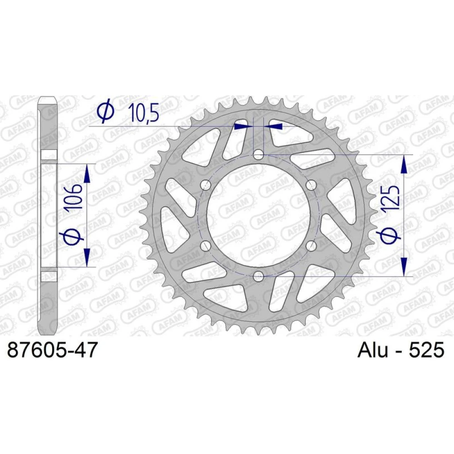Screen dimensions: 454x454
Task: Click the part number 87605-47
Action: point(52,350)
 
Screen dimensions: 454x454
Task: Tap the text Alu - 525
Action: point(401,350)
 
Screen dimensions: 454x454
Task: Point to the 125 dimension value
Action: point(392,198)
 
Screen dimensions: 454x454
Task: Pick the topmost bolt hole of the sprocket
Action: point(258,155)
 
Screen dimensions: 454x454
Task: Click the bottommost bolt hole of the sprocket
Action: point(258,276)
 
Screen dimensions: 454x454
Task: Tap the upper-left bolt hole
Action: point(206,185)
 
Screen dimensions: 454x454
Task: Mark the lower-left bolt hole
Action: point(206,246)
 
